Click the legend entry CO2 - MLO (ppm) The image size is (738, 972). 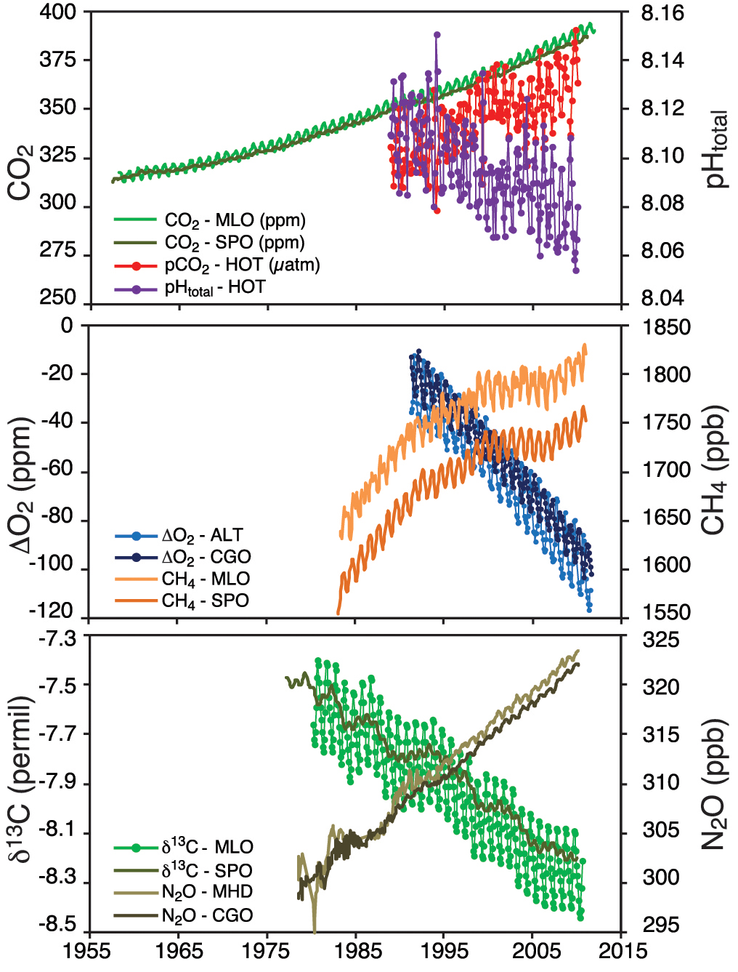(x=235, y=220)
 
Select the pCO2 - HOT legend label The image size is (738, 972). (x=242, y=265)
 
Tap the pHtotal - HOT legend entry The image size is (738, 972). (x=214, y=288)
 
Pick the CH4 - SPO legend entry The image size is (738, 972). (x=205, y=601)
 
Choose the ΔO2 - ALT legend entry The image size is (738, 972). (x=201, y=536)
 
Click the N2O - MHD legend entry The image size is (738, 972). (x=207, y=892)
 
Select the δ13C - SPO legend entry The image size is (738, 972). (x=207, y=870)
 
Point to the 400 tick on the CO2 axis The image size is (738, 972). (x=58, y=12)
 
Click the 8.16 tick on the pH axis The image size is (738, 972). (x=662, y=13)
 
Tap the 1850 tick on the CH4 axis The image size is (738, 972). (x=666, y=327)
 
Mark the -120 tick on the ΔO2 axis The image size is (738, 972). (x=52, y=611)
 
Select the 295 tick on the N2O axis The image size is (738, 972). (x=661, y=925)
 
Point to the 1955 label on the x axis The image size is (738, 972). (x=89, y=952)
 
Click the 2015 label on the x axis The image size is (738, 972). (x=623, y=952)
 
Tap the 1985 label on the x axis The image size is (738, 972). (x=356, y=952)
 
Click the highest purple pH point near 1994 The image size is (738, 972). (x=437, y=34)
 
